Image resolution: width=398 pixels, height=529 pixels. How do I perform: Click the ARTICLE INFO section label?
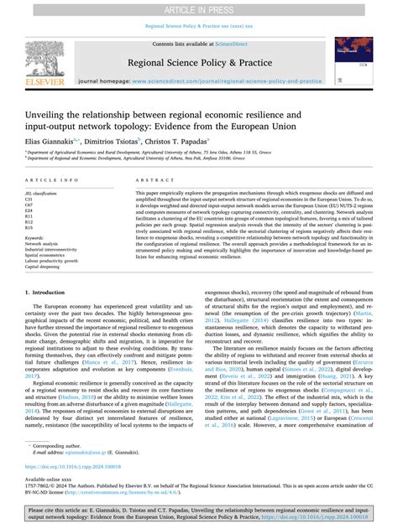[x=52, y=180]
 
